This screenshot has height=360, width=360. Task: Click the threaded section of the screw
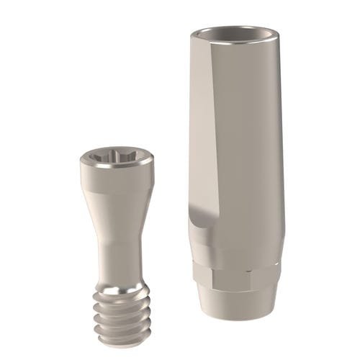122,313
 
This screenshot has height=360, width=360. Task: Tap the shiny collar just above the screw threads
120,282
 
